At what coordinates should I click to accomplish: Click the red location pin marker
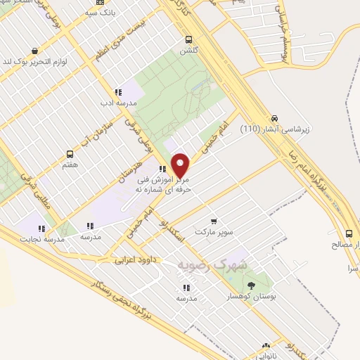click(181, 165)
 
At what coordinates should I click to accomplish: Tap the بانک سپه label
click(99, 13)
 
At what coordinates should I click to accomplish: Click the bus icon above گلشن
click(188, 40)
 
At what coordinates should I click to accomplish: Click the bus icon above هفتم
click(70, 154)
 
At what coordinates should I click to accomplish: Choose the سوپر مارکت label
click(214, 231)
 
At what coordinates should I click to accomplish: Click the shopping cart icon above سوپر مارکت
click(214, 221)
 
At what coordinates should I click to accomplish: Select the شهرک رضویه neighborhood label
click(213, 265)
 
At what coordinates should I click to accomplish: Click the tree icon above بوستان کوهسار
click(252, 285)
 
